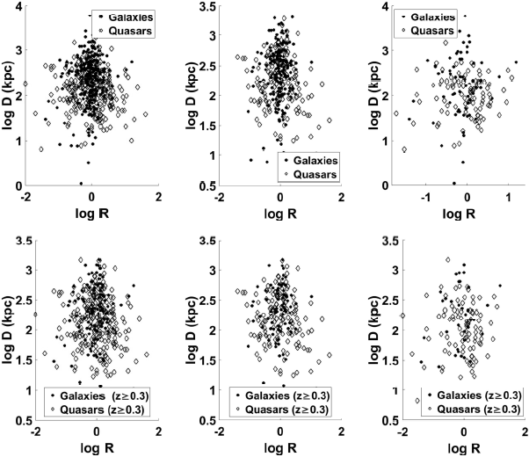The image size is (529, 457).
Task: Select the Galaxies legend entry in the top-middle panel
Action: [315, 160]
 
